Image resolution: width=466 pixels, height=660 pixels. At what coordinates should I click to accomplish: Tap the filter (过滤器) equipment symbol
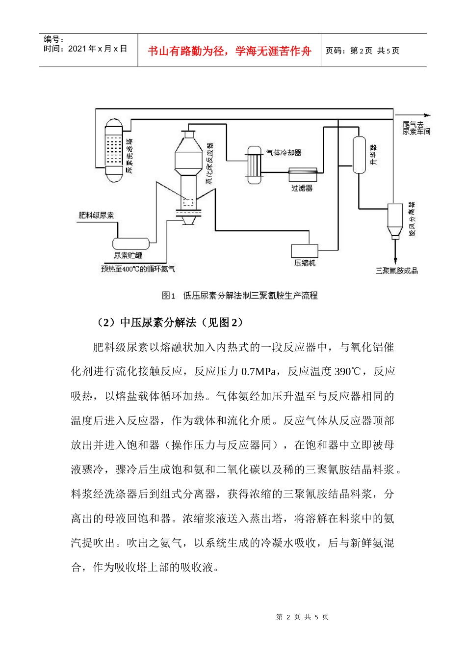coord(303,174)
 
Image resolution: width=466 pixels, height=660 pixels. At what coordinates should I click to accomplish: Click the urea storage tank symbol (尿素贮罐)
coord(130,244)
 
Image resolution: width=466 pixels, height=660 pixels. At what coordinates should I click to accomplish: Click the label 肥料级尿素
coord(96,215)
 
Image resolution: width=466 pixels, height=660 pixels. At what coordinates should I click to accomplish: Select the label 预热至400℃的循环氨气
coord(137,269)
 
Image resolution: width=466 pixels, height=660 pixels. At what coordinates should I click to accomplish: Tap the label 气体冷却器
coord(284,153)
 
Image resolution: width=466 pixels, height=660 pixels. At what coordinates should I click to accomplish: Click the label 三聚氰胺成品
coord(396,271)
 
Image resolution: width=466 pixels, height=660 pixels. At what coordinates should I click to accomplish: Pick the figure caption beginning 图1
coord(239,296)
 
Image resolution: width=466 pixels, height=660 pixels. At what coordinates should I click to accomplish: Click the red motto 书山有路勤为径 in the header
coord(229,51)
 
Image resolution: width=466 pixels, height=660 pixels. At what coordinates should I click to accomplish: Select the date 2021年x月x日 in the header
coord(98,49)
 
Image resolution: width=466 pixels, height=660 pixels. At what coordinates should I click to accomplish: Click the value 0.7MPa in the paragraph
coord(259,372)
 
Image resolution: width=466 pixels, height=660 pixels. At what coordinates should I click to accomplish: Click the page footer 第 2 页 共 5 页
coord(302,617)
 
